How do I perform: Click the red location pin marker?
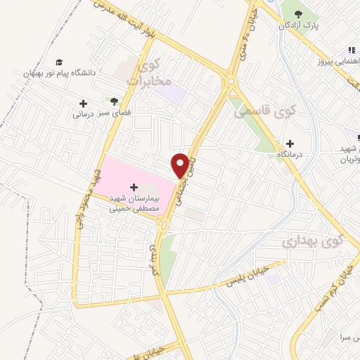click(182, 165)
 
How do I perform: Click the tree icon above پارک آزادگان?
click(298, 13)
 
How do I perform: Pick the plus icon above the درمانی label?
click(83, 103)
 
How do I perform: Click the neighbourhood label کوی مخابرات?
click(149, 75)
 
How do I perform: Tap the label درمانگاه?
click(289, 153)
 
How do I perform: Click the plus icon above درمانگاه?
click(290, 143)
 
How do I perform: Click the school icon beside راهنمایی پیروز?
click(350, 51)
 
